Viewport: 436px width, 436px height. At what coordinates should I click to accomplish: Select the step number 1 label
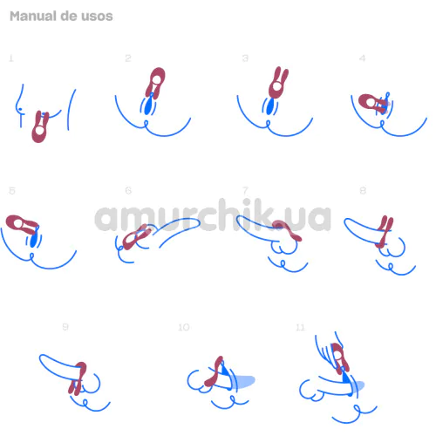(11, 58)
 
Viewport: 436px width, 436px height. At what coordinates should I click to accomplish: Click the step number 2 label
(128, 58)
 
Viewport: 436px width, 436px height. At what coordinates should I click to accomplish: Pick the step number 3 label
(245, 58)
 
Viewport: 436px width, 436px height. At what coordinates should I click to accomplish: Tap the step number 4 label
(362, 58)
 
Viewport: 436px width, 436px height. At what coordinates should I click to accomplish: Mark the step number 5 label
(12, 191)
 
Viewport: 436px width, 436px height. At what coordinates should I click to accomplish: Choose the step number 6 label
(128, 190)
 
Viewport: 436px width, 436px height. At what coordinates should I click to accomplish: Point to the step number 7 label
(245, 190)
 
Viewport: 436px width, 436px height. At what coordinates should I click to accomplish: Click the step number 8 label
(363, 191)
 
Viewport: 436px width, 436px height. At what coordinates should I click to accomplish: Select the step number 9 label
(65, 327)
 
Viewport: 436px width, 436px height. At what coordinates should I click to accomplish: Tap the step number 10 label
(184, 327)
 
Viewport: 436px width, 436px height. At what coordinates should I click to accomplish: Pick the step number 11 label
(300, 328)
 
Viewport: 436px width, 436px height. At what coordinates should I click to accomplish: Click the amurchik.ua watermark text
(213, 215)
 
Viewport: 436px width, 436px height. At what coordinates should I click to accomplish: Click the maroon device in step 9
(78, 378)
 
